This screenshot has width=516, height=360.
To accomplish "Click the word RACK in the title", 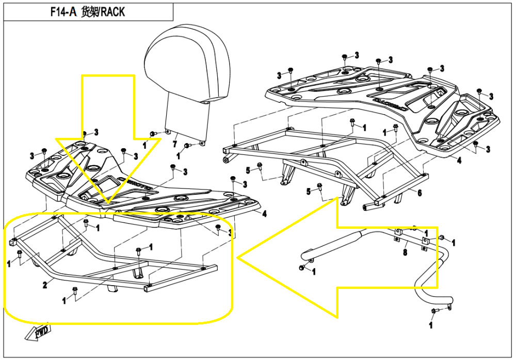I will click(112, 12).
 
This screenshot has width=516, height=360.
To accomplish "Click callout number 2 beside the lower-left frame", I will click(45, 285).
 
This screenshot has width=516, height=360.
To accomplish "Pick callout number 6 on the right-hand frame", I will click(420, 193).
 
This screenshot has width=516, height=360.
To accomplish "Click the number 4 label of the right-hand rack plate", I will click(459, 161).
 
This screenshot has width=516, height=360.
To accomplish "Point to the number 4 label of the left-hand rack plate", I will click(264, 213).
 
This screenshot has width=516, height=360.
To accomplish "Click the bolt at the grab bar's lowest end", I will click(433, 310).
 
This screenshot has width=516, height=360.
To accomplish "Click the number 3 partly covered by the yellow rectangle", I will click(230, 234).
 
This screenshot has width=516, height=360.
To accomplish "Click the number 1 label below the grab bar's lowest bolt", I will click(431, 325).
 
